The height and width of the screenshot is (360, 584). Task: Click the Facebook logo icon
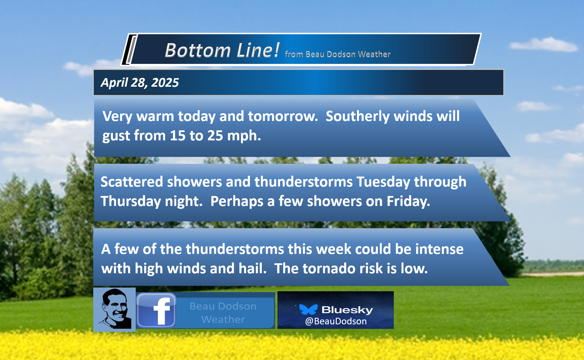pyautogui.click(x=156, y=310)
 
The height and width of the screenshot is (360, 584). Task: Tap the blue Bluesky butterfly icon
pyautogui.click(x=308, y=309)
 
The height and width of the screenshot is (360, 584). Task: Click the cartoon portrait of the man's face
pyautogui.click(x=115, y=309)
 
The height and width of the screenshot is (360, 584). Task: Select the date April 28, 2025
pyautogui.click(x=140, y=82)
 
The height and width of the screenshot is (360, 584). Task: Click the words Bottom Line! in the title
pyautogui.click(x=222, y=50)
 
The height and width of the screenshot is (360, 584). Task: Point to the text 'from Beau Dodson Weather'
pyautogui.click(x=338, y=54)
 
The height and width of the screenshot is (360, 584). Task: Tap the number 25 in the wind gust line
pyautogui.click(x=215, y=135)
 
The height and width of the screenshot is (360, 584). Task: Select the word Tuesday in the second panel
pyautogui.click(x=383, y=182)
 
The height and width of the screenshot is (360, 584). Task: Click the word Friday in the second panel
pyautogui.click(x=408, y=201)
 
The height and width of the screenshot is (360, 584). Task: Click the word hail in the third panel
pyautogui.click(x=253, y=268)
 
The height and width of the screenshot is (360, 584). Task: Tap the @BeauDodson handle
pyautogui.click(x=336, y=321)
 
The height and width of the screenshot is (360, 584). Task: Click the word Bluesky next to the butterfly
pyautogui.click(x=347, y=310)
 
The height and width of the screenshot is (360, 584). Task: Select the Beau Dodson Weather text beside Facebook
pyautogui.click(x=223, y=313)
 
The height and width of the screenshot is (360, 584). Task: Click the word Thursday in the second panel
pyautogui.click(x=131, y=201)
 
